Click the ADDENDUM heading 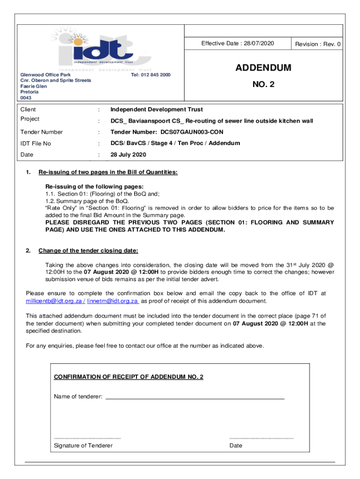coord(263,68)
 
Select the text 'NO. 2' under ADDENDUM coord(263,86)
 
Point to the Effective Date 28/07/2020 coord(238,44)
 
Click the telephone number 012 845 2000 coord(151,75)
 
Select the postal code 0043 coord(26,98)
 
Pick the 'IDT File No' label coord(36,144)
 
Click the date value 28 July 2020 coord(128,155)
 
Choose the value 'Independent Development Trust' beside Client coord(156,109)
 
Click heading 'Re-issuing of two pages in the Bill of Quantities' coord(108,173)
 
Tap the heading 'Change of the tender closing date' coord(88,251)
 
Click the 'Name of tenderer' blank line coord(194,397)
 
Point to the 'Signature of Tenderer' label coord(83,445)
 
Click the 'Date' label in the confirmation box coord(236,445)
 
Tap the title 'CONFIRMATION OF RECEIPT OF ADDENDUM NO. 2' coord(129,377)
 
